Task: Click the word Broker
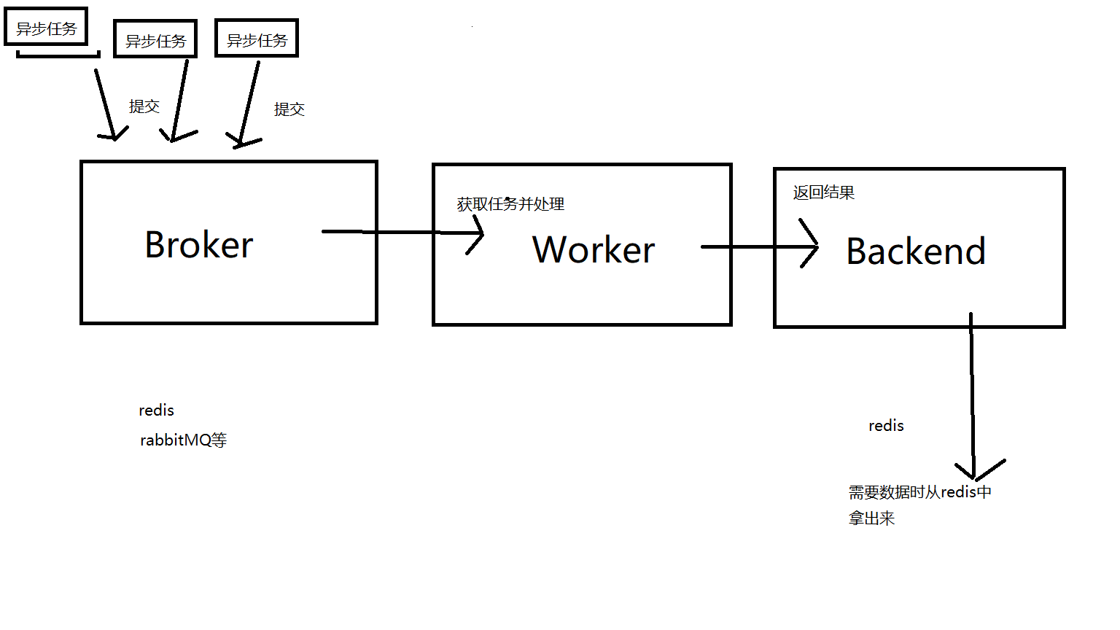tap(199, 245)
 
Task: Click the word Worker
tap(594, 250)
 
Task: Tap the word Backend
tap(916, 252)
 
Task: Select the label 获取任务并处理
tap(510, 204)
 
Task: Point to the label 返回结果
tap(824, 192)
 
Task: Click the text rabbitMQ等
tap(183, 440)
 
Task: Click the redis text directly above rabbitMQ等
tap(156, 411)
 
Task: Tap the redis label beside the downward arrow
tap(886, 426)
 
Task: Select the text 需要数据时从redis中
tap(919, 492)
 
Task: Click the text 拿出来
tap(871, 518)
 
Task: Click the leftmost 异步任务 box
tap(46, 28)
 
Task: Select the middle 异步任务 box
tap(155, 39)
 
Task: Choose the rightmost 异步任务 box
tap(257, 39)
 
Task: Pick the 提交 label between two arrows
tap(144, 106)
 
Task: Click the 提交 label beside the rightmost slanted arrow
tap(289, 109)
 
